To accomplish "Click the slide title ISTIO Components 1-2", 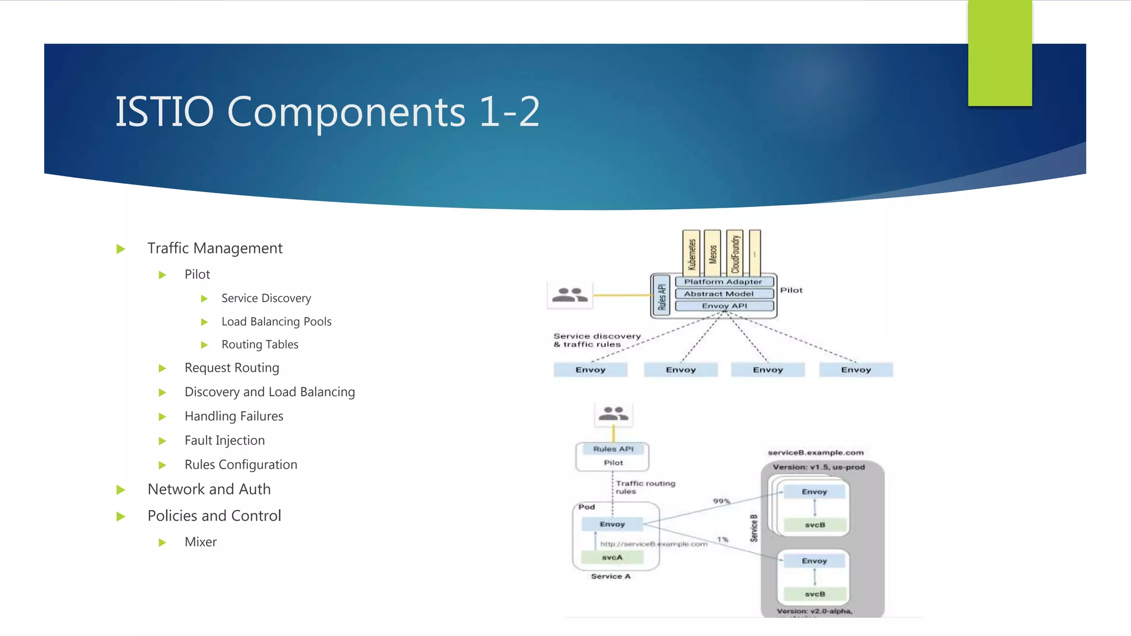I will pos(327,112).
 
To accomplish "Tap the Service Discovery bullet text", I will pos(266,298).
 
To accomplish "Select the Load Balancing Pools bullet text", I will pos(276,321).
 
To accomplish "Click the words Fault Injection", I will pos(224,440).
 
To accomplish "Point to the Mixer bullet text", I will pos(200,542).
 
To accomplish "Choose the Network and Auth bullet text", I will pos(209,489).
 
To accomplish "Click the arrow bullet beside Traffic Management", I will pos(121,249).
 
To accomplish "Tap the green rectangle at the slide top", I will pos(1000,52).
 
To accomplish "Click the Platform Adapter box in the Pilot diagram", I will pos(723,282).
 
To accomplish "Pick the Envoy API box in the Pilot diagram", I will pos(724,306).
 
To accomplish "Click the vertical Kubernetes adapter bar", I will pos(691,253).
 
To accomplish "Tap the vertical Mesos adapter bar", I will pos(712,253).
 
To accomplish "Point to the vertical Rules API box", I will pos(662,296).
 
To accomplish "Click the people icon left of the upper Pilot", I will pos(570,295).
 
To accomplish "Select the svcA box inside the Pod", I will pos(612,558).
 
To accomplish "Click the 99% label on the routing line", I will pos(721,501).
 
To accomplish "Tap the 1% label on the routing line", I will pos(722,539).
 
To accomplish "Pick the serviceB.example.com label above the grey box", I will pos(816,453).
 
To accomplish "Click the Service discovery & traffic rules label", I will pos(596,340).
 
